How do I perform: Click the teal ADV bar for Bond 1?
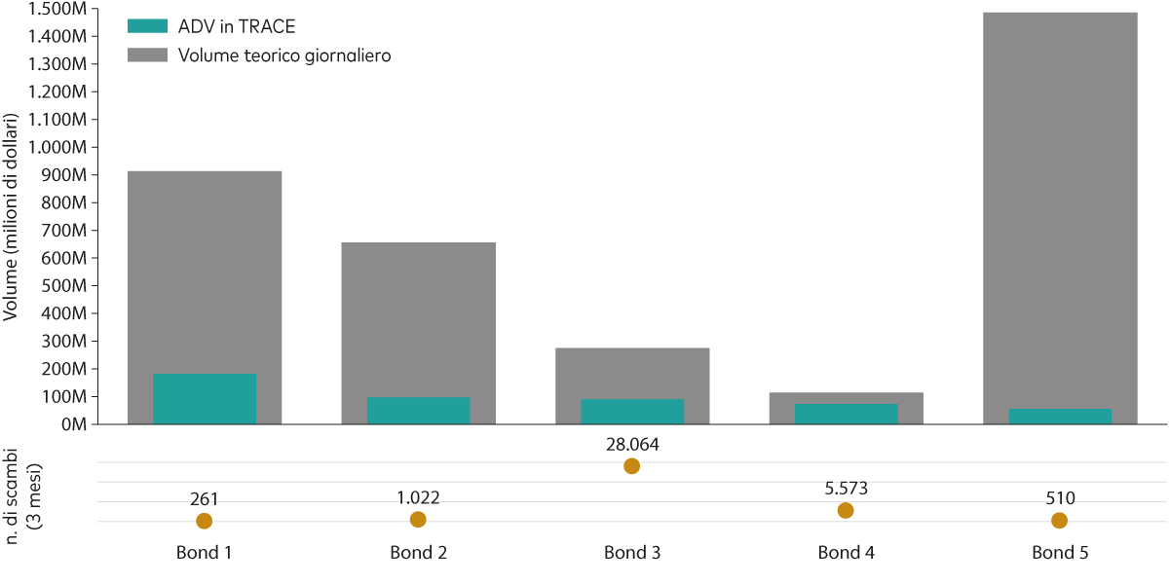coord(205,399)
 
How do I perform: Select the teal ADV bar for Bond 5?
coord(1060,417)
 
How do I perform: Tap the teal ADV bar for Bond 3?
coord(632,412)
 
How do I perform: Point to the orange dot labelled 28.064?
coord(631,466)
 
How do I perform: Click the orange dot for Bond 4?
coord(846,511)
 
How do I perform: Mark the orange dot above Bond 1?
coord(205,521)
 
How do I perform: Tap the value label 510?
coord(1059,498)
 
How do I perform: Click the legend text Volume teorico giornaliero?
coord(284,55)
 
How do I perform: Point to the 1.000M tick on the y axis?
coord(61,147)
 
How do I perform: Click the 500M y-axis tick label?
coord(67,286)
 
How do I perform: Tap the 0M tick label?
coord(75,425)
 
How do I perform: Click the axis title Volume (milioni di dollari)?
coord(13,217)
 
